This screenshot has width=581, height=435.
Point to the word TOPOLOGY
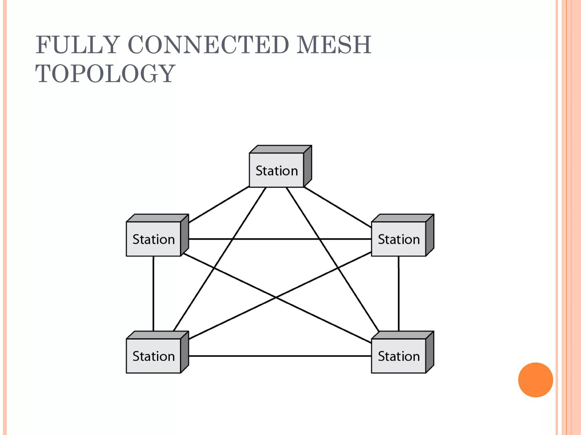(x=105, y=74)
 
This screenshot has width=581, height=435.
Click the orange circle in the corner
(x=535, y=380)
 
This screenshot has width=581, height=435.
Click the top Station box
(x=277, y=170)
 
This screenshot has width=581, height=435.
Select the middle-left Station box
(x=153, y=239)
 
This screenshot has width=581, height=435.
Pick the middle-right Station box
(x=399, y=239)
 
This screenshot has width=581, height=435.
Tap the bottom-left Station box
(x=153, y=356)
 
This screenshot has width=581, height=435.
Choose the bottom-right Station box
(x=399, y=356)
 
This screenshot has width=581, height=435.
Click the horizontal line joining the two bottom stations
(x=279, y=356)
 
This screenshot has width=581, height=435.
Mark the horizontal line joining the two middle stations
(x=279, y=239)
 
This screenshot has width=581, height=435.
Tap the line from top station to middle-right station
(x=338, y=207)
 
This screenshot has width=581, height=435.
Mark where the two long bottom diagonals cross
(x=276, y=297)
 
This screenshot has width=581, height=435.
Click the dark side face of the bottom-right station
(x=430, y=352)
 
